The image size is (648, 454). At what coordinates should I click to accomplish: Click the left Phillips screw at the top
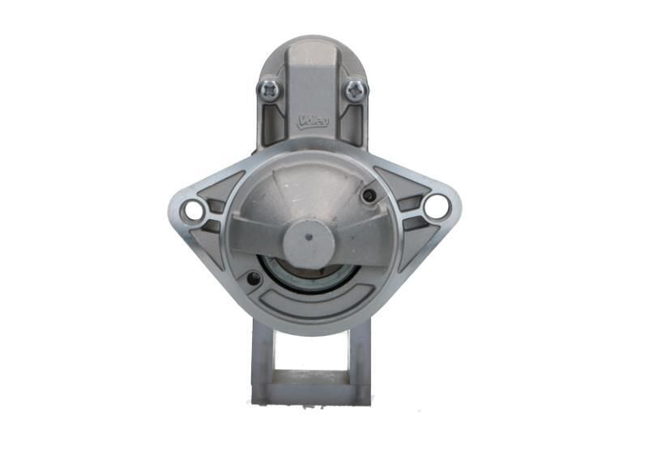pyautogui.click(x=269, y=89)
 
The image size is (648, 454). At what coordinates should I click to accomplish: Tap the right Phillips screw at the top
pyautogui.click(x=356, y=89)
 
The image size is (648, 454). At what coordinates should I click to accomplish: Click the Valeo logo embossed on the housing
pyautogui.click(x=313, y=121)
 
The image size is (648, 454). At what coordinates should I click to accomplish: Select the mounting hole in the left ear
pyautogui.click(x=193, y=210)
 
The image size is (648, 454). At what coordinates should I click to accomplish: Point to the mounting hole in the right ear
pyautogui.click(x=436, y=207)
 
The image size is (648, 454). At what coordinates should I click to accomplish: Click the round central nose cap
pyautogui.click(x=309, y=241)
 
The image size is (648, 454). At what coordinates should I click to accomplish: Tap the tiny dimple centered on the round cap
pyautogui.click(x=309, y=238)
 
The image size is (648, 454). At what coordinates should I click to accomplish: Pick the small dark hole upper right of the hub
pyautogui.click(x=370, y=195)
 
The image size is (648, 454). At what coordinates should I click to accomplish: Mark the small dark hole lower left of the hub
pyautogui.click(x=254, y=279)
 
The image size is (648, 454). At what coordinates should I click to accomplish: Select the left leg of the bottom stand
pyautogui.click(x=262, y=356)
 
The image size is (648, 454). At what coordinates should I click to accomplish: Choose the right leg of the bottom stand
pyautogui.click(x=360, y=356)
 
